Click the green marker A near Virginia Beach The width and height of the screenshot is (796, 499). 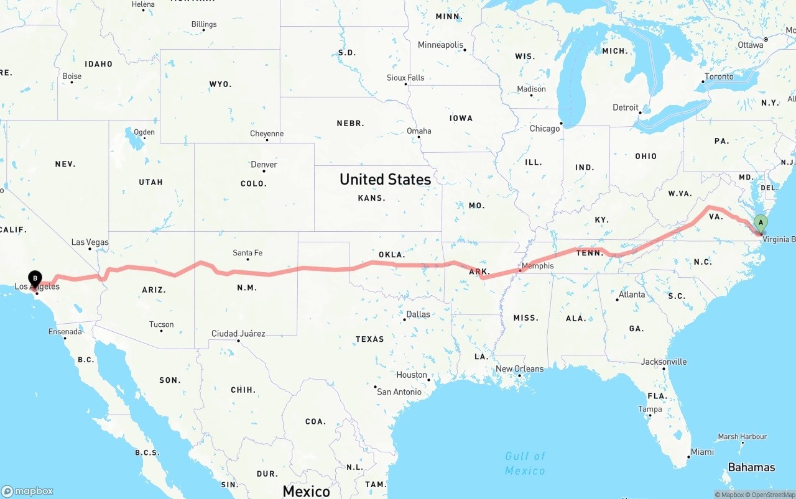[760, 223]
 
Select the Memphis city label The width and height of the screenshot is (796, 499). [537, 265]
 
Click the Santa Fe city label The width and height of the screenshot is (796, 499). [248, 252]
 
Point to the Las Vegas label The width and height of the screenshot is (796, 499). [90, 242]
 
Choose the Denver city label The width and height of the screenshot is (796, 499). [264, 164]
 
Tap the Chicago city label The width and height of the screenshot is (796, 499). [544, 129]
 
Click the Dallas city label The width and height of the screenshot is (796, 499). [418, 314]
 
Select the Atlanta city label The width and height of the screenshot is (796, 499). [632, 294]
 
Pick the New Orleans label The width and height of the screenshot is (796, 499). [519, 369]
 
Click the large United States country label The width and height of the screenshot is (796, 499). [385, 179]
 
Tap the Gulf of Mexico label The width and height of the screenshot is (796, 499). [525, 463]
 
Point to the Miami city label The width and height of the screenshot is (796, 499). [702, 452]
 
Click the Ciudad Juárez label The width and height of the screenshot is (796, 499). [238, 334]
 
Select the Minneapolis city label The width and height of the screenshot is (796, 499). [440, 45]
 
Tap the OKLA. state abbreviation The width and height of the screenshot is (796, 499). [392, 254]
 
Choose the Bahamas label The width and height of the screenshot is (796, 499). [752, 467]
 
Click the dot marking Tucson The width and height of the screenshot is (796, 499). [162, 330]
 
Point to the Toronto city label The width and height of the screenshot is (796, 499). [719, 76]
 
